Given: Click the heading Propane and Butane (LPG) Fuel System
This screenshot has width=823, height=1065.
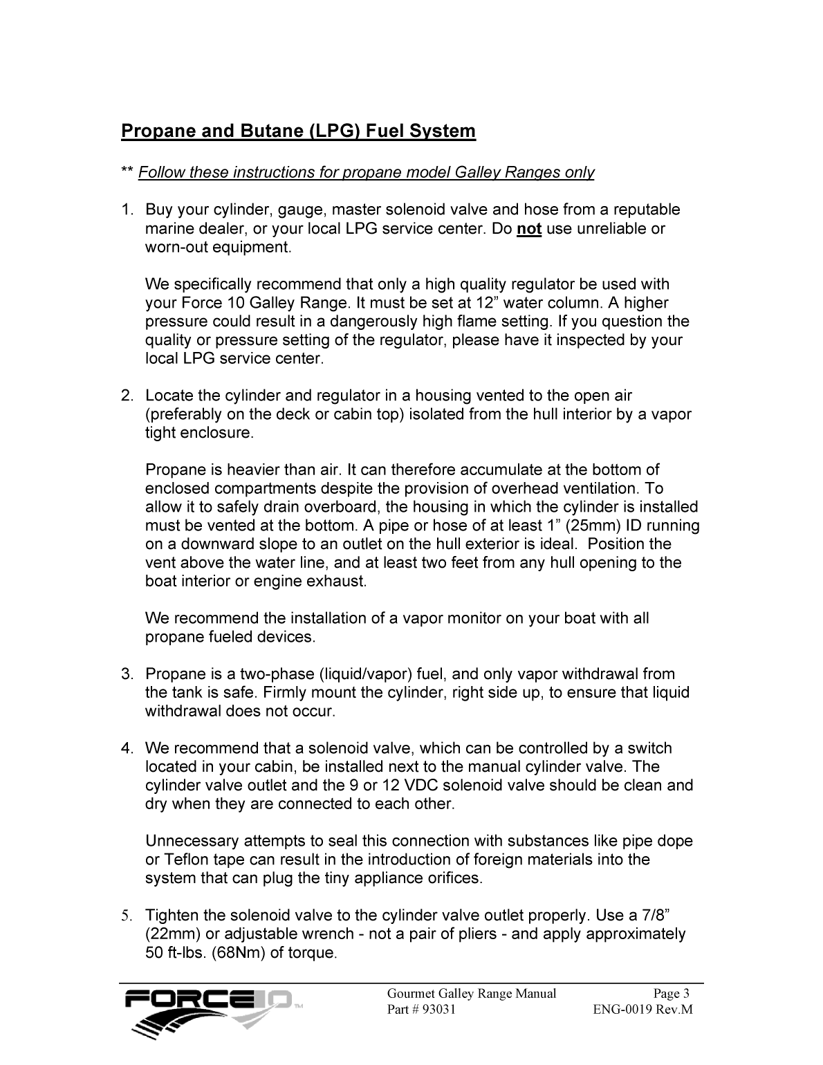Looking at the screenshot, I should point(298,131).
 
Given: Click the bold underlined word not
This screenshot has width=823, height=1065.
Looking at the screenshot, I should point(529,229).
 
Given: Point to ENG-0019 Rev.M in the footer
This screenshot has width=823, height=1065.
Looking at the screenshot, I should point(642,1010).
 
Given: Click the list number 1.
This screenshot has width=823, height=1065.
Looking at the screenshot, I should point(126,210).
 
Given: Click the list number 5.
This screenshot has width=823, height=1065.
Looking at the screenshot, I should point(126,916).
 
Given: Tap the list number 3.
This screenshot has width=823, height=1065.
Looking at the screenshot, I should point(126,674).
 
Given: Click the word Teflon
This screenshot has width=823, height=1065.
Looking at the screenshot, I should point(185,860).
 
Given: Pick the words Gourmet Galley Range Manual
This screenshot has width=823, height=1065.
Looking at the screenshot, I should point(472,994).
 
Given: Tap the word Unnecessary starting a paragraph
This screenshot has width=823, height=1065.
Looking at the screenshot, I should point(187,841).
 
